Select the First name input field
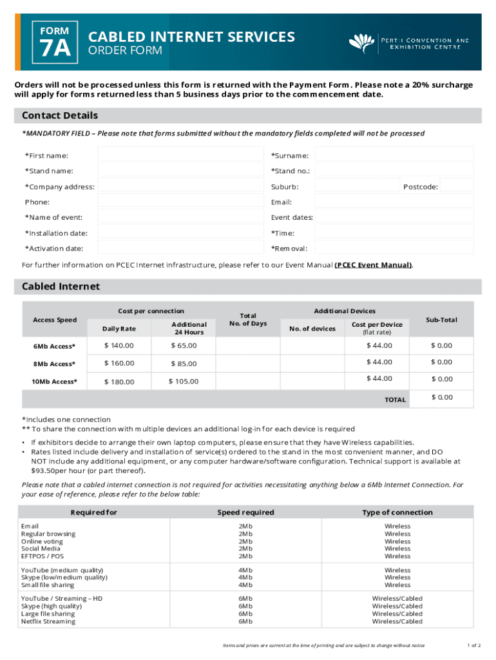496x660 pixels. [x=180, y=155]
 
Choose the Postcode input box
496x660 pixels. [x=459, y=186]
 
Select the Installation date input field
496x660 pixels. [x=180, y=233]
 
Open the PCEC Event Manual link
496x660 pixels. [x=373, y=265]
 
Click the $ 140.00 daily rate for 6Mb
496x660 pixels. [x=119, y=345]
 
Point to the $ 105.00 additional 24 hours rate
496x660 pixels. [x=184, y=382]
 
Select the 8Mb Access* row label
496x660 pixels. [x=54, y=364]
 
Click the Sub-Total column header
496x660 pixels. [x=441, y=320]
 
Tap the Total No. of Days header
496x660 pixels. [x=248, y=320]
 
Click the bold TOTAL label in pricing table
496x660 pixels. [x=395, y=400]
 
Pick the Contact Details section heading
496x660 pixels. [x=60, y=115]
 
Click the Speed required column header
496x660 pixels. [x=245, y=512]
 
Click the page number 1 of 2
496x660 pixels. [x=474, y=645]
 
